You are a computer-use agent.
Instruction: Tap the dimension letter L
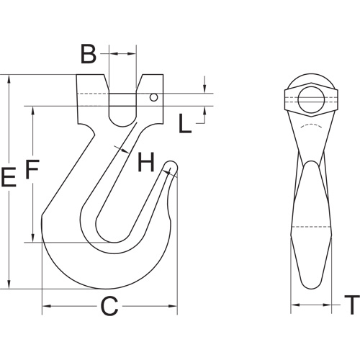186,125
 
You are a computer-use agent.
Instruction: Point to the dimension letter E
9,178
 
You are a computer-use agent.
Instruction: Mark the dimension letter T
351,306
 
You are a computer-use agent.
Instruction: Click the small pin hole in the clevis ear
153,97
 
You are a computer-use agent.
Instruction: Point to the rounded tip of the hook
171,167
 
